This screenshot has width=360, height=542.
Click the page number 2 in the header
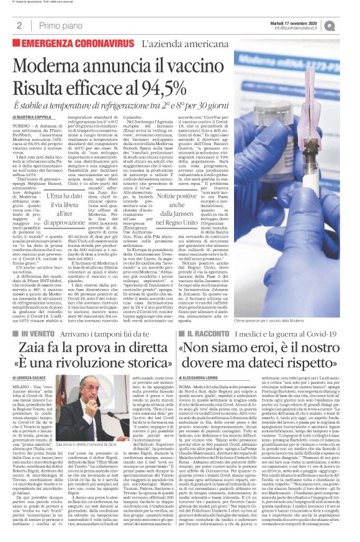click(x=19, y=25)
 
